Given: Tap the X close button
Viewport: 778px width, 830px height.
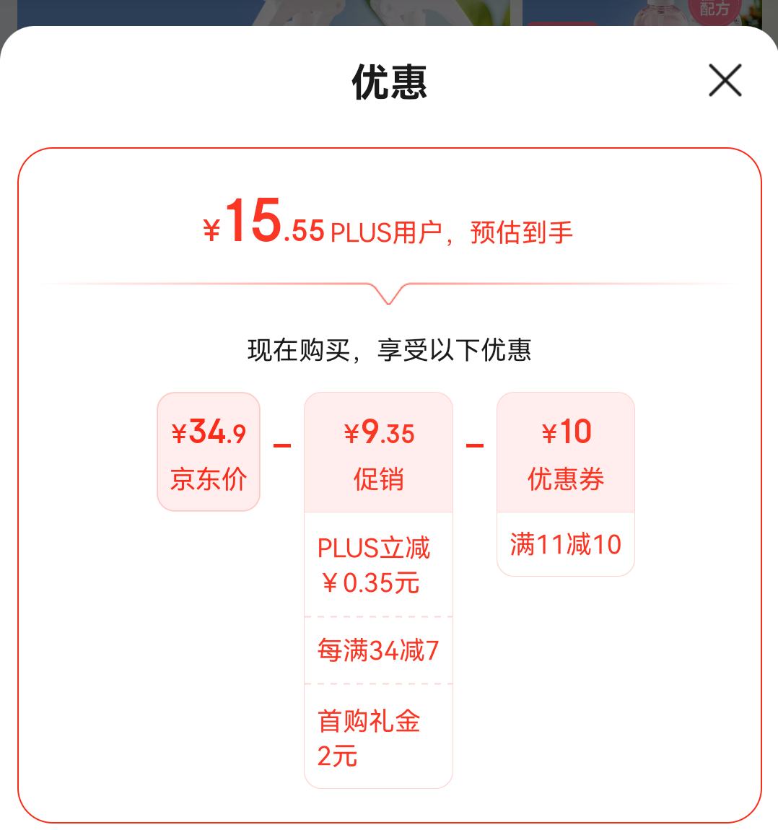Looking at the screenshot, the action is coord(725,80).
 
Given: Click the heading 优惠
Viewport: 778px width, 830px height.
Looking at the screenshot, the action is coord(389,82).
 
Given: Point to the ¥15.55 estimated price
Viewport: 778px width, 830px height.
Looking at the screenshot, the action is coord(264,224).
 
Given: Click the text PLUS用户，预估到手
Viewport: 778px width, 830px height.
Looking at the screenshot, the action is coord(451,232).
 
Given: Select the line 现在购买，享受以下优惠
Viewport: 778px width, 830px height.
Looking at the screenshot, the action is coord(389,350).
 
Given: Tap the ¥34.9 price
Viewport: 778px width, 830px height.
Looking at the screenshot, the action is coord(209,433).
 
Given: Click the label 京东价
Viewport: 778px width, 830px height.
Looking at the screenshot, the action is coord(209,479).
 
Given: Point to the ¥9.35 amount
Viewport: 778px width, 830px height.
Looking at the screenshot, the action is coord(379,433).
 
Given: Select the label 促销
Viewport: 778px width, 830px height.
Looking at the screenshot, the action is coord(379,479).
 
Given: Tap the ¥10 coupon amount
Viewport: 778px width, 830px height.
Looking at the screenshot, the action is coord(566,433).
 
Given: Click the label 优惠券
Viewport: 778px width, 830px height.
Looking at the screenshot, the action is coord(566,479).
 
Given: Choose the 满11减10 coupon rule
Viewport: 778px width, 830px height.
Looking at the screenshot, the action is coord(566,544).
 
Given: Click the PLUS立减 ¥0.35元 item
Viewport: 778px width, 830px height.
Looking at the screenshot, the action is coord(374,565).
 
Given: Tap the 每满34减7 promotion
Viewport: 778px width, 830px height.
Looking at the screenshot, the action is coord(377,651).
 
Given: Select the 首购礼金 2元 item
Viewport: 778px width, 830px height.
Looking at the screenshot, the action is coord(369,738).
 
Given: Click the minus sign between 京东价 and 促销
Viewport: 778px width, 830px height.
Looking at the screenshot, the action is coord(282,445).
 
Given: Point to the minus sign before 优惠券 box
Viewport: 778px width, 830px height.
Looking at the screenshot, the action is coord(475,445).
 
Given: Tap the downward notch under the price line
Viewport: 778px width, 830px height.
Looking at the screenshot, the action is coord(389,294).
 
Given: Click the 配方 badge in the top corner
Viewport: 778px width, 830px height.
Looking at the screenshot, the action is coord(714,9).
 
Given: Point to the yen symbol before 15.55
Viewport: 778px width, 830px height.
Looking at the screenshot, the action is coord(211,230).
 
